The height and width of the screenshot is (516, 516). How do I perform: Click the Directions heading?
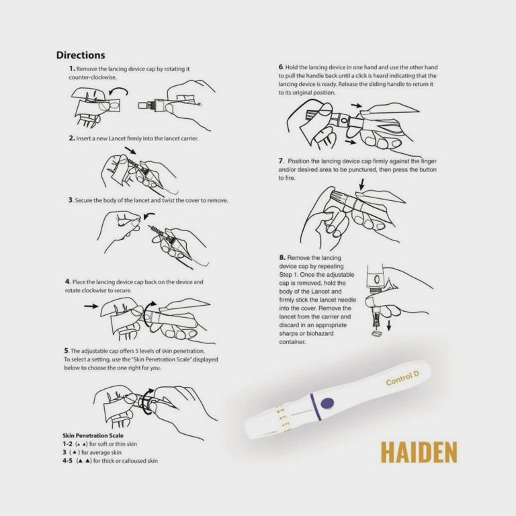coord(81,55)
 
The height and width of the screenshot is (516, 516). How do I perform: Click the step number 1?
coord(72,69)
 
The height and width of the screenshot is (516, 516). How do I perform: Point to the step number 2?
coord(71,138)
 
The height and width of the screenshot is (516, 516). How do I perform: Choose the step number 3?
coord(71,200)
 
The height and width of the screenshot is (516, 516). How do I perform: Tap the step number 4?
coord(67,282)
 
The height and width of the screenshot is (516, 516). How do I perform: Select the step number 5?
coord(67,351)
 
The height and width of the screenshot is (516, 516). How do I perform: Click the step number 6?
coord(282,68)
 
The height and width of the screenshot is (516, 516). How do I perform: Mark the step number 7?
coord(282,161)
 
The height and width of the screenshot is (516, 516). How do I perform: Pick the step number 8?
coord(282,257)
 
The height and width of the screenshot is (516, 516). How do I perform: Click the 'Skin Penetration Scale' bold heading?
coord(93,436)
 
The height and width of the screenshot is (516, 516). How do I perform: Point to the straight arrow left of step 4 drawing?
coord(90,306)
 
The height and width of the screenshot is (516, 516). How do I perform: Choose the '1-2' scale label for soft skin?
coord(68,445)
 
